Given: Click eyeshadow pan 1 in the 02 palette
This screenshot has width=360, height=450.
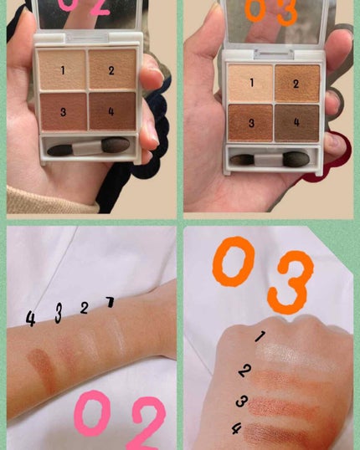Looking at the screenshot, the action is point(62,69).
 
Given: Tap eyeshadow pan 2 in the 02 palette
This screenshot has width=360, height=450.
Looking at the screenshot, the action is point(112,69).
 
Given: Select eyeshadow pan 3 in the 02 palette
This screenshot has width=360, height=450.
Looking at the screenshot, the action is point(64,111).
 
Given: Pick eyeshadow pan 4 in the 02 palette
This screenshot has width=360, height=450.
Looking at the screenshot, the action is point(112,111).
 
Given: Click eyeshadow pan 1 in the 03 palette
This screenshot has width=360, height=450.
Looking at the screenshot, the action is point(250,84).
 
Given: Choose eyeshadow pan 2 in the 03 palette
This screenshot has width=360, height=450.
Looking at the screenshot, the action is point(297,84).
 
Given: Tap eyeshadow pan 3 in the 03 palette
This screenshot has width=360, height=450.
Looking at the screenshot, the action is point(250,123).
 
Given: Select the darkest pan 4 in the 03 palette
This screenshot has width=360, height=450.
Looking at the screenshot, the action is point(297,123).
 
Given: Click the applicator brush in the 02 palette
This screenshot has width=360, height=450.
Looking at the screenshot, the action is point(89,146).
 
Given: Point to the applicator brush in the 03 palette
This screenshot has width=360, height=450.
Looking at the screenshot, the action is point(270,159).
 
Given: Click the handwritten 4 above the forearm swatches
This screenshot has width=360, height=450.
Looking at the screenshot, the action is point(30,319).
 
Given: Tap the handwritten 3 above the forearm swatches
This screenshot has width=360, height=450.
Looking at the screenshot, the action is point(59,313).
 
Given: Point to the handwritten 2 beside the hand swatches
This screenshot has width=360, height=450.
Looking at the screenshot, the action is point(245,371).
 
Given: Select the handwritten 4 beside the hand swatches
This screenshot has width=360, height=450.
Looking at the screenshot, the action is point(237,429).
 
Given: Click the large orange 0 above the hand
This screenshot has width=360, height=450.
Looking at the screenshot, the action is point(234,262).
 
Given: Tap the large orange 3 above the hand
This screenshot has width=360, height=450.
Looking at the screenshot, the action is point(291,282).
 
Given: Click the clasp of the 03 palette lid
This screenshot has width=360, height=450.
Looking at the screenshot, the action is point(274,54).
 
